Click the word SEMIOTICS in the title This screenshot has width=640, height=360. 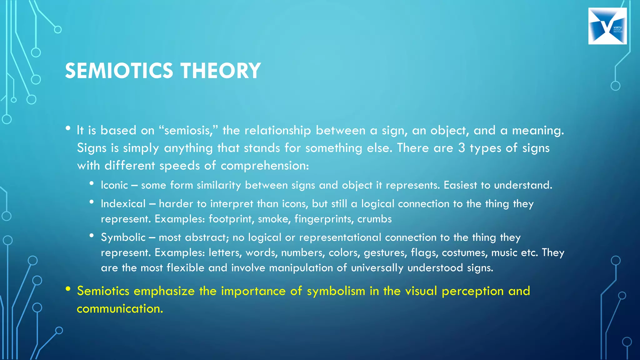[119, 71]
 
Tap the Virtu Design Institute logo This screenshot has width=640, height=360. [607, 26]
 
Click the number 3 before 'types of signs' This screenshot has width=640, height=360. [462, 148]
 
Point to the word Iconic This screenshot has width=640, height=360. [114, 185]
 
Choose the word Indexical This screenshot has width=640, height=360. [123, 204]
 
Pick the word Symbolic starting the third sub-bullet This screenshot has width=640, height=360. [123, 237]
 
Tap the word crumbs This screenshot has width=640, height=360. [374, 219]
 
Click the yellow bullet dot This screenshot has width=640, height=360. [68, 289]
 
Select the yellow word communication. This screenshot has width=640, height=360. [120, 309]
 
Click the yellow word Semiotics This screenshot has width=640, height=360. [103, 291]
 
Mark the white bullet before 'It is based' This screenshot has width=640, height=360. [68, 128]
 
